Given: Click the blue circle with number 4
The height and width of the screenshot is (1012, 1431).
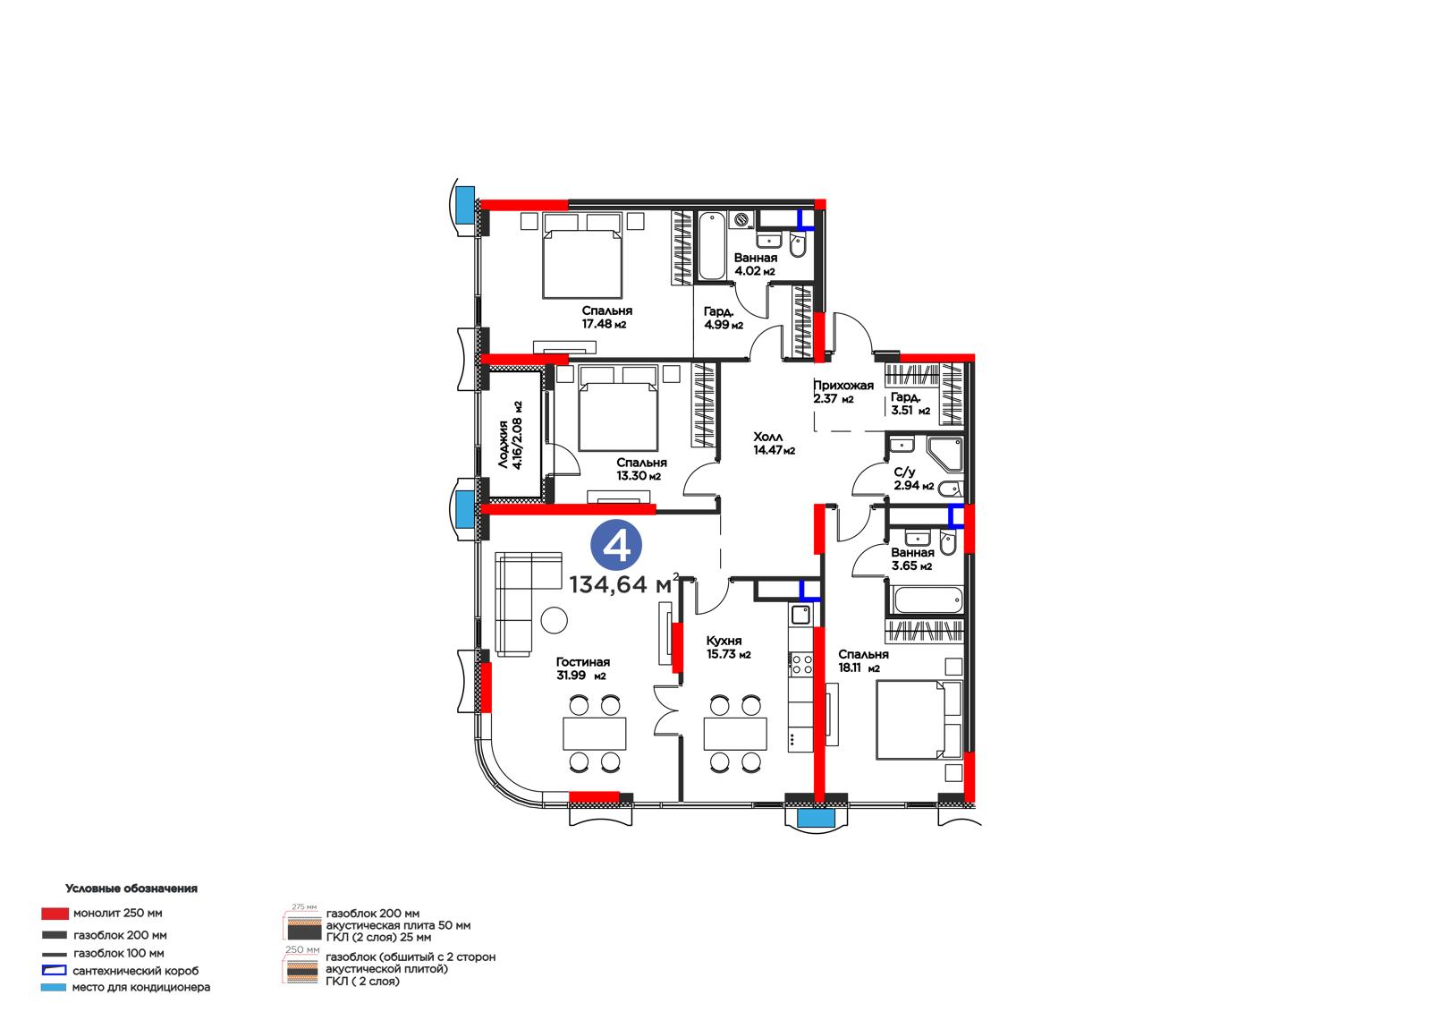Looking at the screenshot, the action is (x=616, y=545).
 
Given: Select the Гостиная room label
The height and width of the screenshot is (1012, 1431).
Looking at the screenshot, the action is (x=582, y=668).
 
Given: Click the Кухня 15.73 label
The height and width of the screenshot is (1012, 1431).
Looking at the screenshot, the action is (x=728, y=647).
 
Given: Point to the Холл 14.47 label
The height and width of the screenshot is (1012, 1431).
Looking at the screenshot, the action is (x=774, y=443).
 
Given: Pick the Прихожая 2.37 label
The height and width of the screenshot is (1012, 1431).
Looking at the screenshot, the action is (x=843, y=392).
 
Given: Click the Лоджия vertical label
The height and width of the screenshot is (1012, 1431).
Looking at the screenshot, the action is (x=511, y=436).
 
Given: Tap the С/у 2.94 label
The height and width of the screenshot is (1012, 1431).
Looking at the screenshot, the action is (x=913, y=479).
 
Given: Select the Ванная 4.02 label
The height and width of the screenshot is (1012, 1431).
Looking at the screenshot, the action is (x=755, y=264).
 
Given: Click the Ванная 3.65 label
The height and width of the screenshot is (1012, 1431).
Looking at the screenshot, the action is (x=912, y=558).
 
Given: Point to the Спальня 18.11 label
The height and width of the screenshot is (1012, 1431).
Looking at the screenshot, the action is (x=863, y=661).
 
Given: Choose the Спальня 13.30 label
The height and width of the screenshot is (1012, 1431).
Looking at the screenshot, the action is (x=640, y=469).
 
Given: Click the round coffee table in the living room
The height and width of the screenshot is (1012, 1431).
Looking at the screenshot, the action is (x=554, y=619).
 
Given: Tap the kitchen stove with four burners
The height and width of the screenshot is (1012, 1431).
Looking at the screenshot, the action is (x=800, y=664).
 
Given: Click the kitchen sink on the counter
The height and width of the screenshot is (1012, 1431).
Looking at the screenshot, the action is (x=800, y=615).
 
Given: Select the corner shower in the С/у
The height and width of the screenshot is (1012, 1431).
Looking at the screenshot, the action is (x=944, y=455).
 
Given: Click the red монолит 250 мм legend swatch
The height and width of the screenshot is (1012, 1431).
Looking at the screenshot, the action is (x=55, y=914).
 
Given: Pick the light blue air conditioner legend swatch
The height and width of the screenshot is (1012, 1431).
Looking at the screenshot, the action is (x=54, y=987).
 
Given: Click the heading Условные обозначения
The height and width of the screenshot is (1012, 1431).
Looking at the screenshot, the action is (x=131, y=889).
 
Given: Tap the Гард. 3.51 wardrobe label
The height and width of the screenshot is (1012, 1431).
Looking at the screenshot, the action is (x=910, y=404).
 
